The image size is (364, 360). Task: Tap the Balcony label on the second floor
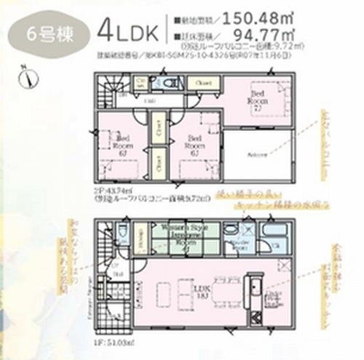(x=256, y=155)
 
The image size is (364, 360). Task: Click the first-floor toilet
(x=122, y=235)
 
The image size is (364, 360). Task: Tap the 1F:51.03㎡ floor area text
(x=107, y=339)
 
